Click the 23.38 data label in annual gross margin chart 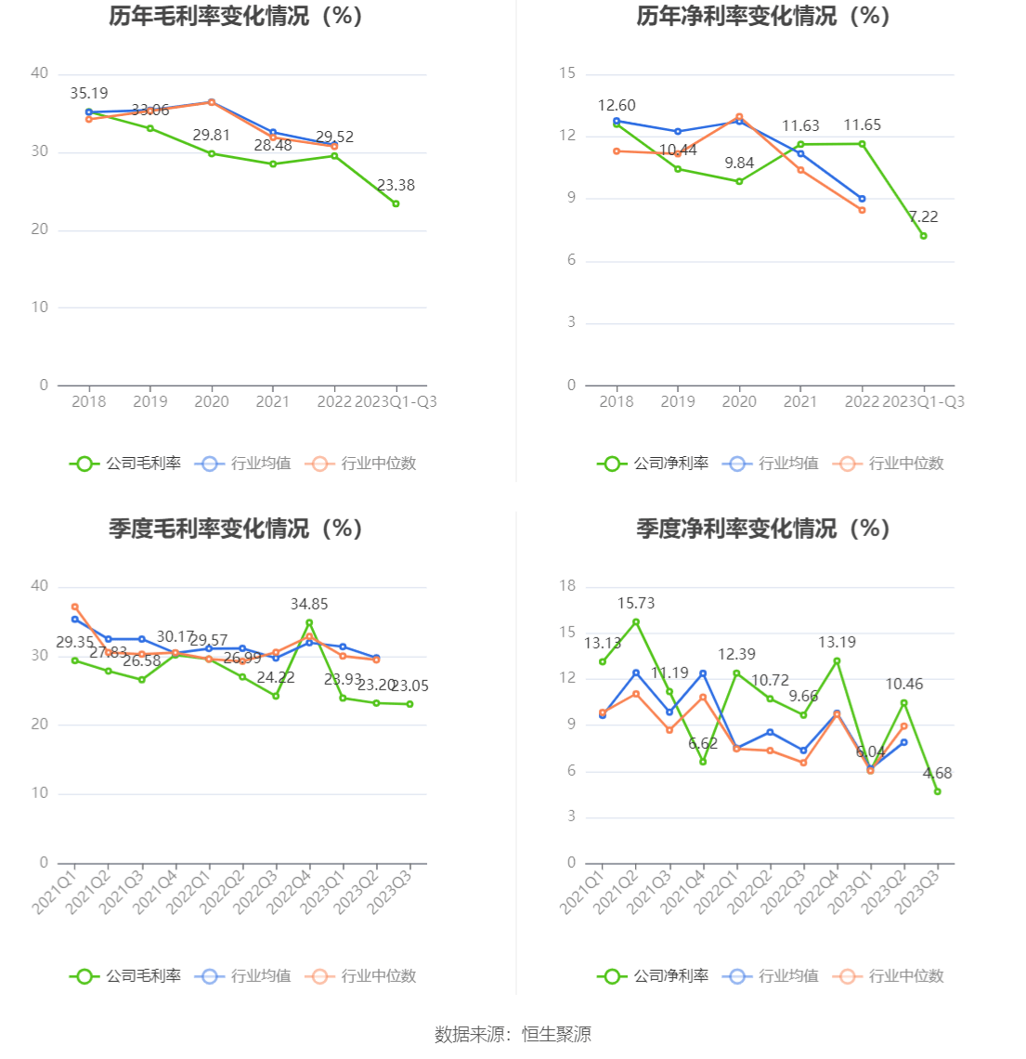396,186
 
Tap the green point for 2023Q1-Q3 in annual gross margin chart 396,203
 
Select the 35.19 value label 89,94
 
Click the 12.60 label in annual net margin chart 617,106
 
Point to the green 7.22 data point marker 923,236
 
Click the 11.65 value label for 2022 862,125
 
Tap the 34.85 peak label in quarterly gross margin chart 309,605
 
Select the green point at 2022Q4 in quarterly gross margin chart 309,622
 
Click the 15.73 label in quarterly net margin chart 636,604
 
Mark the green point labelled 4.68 937,791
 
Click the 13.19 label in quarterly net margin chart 837,643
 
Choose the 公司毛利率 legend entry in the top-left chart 125,464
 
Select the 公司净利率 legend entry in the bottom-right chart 653,976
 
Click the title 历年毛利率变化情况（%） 236,16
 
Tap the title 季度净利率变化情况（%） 763,529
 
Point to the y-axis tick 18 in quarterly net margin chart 567,586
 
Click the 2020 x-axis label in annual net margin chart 739,402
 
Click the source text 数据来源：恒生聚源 513,1035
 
